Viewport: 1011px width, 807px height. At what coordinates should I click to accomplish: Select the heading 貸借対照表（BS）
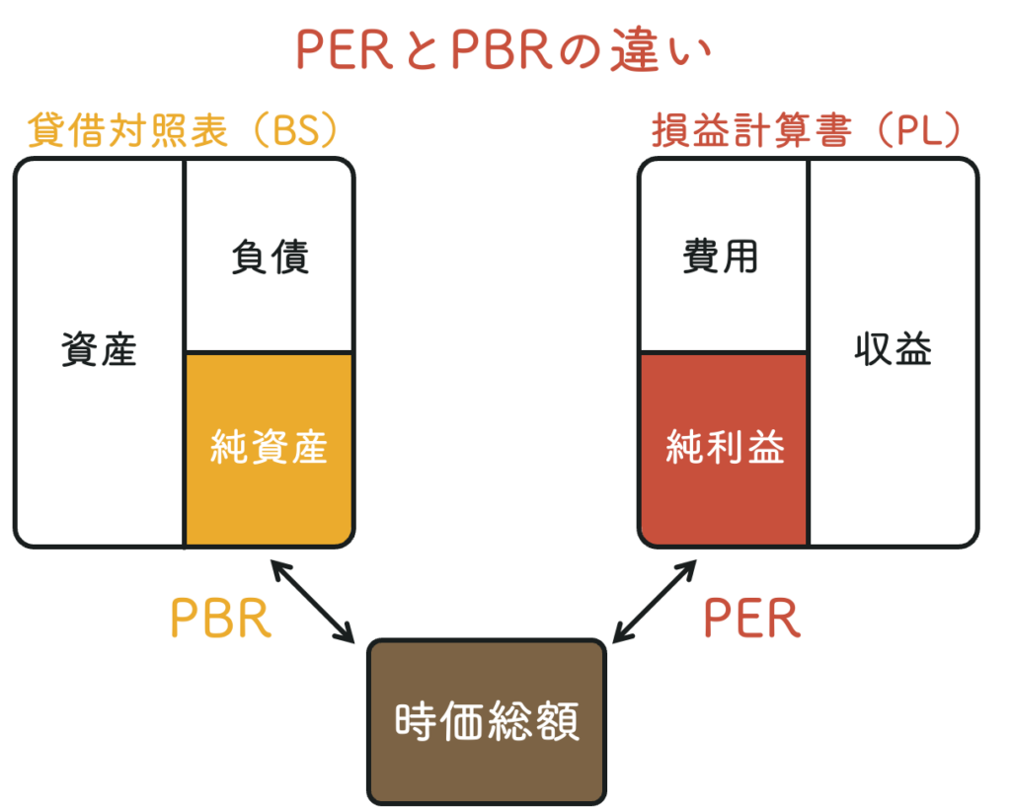pos(183,131)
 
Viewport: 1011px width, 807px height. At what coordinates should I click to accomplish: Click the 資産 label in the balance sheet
pos(99,350)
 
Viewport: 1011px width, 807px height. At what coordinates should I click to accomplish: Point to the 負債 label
pos(270,257)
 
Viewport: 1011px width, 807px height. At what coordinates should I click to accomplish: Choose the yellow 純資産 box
pos(269,449)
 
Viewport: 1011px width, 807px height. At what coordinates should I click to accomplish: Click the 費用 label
pos(721,257)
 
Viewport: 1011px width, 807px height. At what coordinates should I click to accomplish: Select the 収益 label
pos(894,350)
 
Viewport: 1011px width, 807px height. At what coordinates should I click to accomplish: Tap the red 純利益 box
pos(725,449)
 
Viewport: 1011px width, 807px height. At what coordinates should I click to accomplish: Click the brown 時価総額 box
pos(487,722)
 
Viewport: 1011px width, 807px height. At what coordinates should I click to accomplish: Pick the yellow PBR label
pos(219,620)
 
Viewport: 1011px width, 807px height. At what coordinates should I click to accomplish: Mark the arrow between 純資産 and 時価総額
pos(312,601)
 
